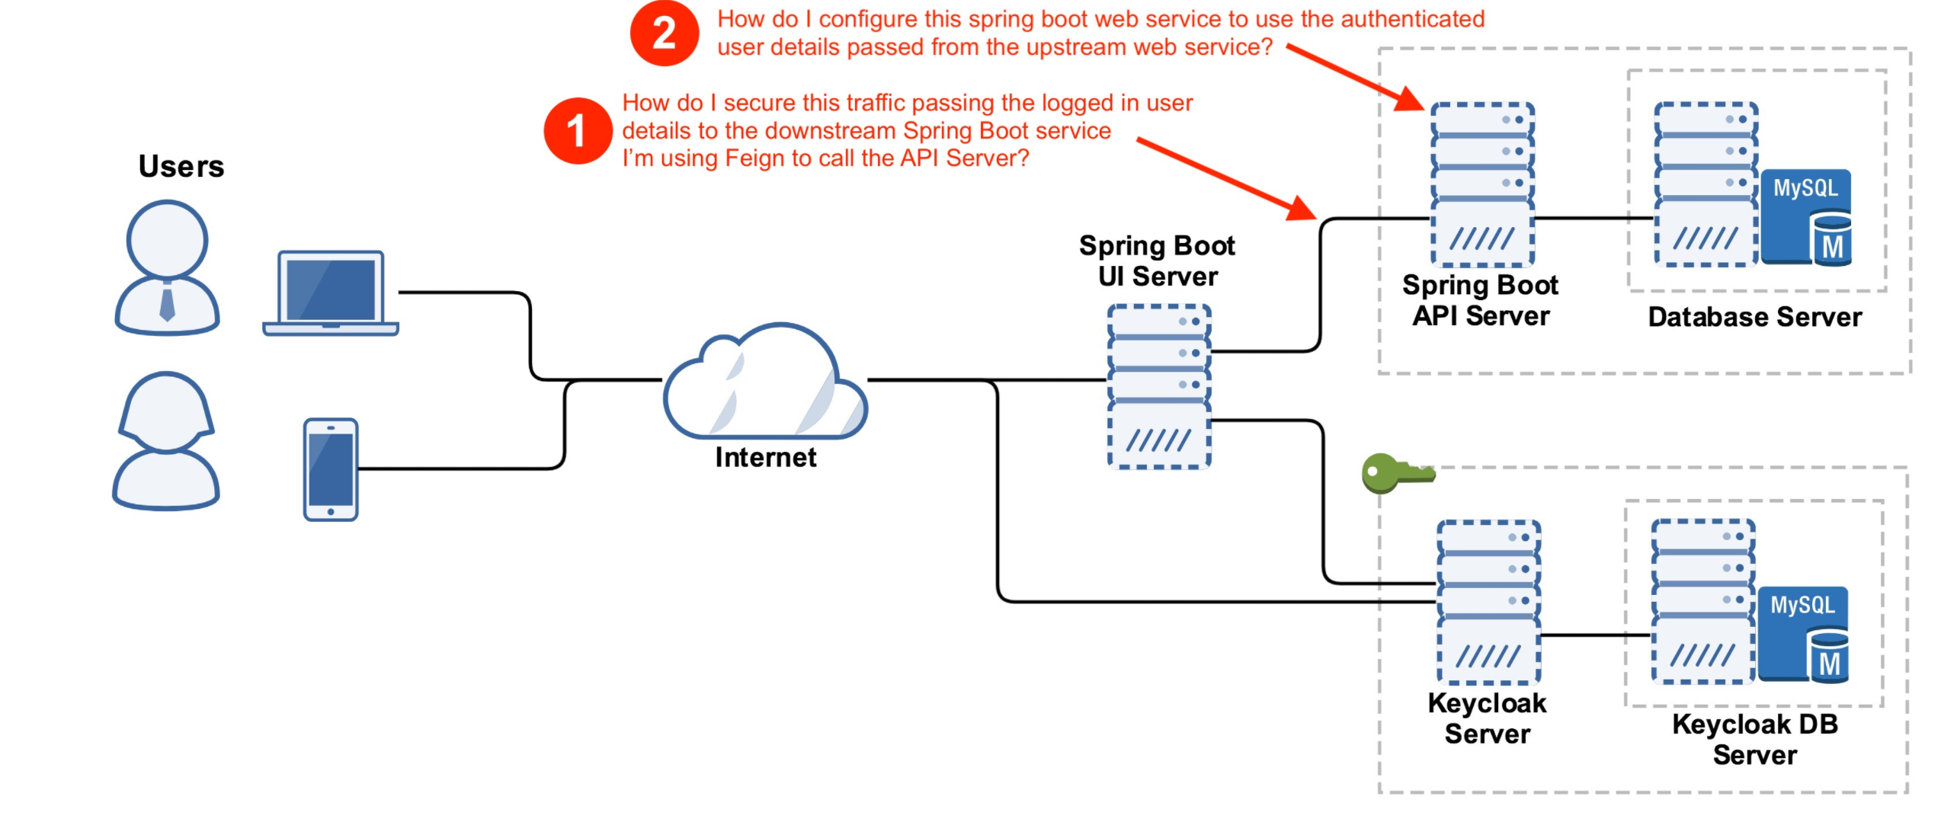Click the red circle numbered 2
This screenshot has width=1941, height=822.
pos(664,34)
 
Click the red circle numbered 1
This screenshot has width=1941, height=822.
pos(577,130)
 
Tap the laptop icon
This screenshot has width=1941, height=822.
pos(331,293)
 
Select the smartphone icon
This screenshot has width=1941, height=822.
pos(331,469)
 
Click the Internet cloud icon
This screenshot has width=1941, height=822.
pos(765,385)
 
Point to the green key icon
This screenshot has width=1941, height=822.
pos(1396,474)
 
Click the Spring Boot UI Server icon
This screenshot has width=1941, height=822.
pos(1158,385)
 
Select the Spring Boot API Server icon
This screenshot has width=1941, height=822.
pos(1482,184)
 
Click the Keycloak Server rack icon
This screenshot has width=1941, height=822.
pos(1488,602)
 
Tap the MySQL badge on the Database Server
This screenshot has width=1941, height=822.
pos(1805,217)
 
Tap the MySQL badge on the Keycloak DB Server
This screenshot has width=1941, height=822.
pos(1802,634)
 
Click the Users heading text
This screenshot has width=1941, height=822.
pos(181,166)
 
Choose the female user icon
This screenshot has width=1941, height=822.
pos(166,440)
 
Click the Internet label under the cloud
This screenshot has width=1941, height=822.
pos(765,457)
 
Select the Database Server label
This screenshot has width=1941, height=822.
pos(1754,317)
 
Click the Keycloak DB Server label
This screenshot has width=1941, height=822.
pos(1754,739)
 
